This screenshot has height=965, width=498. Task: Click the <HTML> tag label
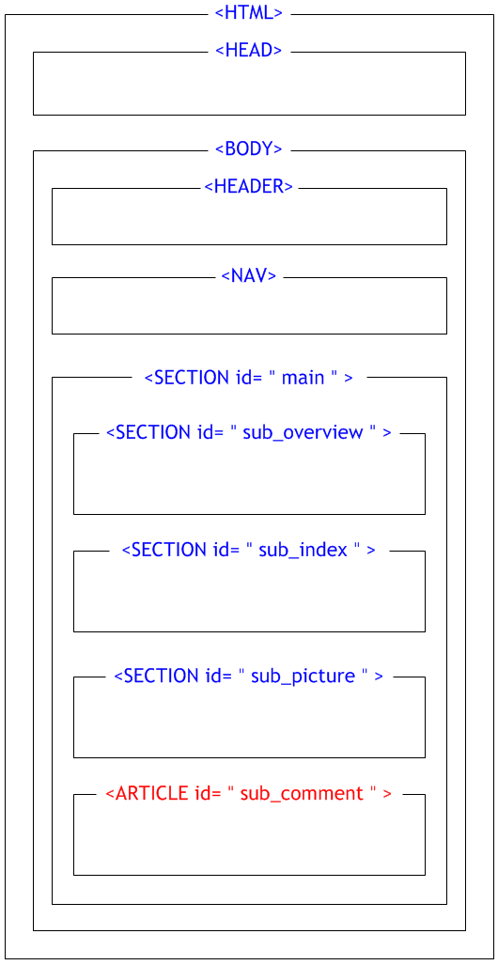click(x=249, y=13)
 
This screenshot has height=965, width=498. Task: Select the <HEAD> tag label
click(x=249, y=51)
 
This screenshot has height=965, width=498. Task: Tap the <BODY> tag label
click(x=249, y=149)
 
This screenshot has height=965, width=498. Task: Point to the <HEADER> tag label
click(x=249, y=186)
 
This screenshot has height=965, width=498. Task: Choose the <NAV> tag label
click(x=249, y=275)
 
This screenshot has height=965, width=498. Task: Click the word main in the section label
click(x=303, y=378)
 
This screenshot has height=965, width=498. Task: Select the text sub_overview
click(x=303, y=432)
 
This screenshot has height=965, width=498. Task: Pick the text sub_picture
click(x=303, y=676)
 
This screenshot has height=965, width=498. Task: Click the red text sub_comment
click(x=302, y=793)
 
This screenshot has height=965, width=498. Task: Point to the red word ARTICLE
click(x=151, y=793)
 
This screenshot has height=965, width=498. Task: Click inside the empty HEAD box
click(x=249, y=86)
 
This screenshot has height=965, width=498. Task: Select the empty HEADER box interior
click(x=249, y=219)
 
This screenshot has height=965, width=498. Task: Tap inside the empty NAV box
click(x=249, y=307)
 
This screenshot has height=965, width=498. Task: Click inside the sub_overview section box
click(x=249, y=477)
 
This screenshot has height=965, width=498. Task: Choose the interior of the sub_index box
click(x=249, y=594)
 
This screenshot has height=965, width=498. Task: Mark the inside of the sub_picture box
click(x=249, y=720)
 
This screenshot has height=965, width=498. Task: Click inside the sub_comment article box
click(x=249, y=837)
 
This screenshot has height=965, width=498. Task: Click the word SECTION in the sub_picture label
click(x=161, y=676)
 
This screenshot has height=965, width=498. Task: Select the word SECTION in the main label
click(x=191, y=377)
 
